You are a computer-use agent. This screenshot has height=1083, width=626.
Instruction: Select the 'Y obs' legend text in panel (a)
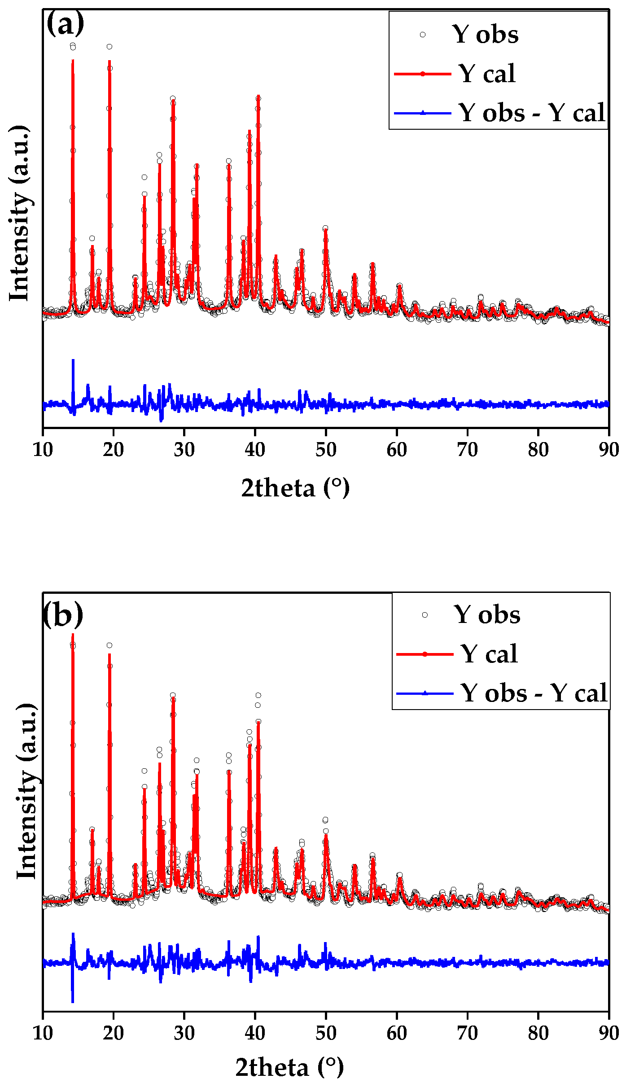click(x=486, y=35)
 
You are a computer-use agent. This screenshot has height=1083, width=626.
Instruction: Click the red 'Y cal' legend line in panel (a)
click(x=422, y=74)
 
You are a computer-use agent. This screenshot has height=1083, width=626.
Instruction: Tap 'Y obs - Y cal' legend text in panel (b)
click(x=534, y=693)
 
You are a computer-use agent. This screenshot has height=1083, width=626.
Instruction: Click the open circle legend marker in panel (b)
click(x=425, y=615)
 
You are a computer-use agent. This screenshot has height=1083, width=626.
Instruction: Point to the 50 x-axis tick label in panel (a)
click(x=326, y=449)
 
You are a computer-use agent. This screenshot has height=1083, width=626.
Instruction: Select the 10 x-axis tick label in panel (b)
click(x=43, y=1032)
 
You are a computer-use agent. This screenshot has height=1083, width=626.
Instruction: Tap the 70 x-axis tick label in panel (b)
click(x=467, y=1032)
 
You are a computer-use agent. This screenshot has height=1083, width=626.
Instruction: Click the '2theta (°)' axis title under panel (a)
click(x=295, y=488)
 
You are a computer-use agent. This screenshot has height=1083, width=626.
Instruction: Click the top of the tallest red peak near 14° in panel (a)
click(x=73, y=60)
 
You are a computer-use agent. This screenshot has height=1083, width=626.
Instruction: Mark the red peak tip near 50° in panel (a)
click(x=326, y=230)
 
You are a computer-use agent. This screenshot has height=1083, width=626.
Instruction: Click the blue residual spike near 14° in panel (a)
click(x=73, y=360)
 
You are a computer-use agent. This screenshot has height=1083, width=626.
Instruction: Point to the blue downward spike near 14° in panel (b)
click(x=73, y=1001)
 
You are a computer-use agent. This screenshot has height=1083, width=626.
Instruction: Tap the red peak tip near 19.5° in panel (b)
click(x=109, y=654)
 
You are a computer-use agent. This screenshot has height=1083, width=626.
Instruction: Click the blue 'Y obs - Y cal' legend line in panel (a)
click(x=422, y=113)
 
